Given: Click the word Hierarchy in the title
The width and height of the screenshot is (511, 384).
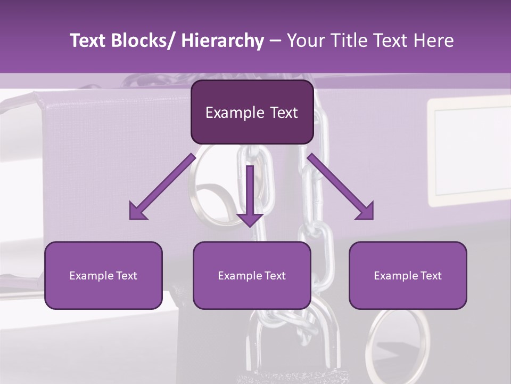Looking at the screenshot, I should click(x=222, y=41).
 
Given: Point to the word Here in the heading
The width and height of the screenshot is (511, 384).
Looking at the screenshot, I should click(x=434, y=41).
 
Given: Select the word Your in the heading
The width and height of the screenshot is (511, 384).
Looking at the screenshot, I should click(x=304, y=41).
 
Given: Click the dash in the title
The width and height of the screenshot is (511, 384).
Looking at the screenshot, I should click(x=275, y=41).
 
